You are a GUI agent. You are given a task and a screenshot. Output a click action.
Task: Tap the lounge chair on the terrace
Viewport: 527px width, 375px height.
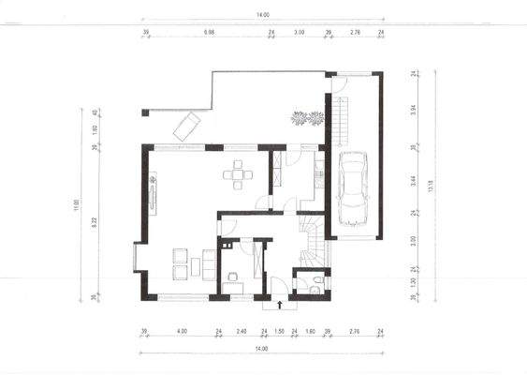185,125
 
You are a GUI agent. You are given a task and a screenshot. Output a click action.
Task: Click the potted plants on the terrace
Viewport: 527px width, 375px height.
308,118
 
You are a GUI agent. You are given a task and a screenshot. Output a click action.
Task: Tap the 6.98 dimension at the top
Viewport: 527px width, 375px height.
210,32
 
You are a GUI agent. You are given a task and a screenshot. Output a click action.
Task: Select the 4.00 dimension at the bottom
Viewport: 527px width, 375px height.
182,331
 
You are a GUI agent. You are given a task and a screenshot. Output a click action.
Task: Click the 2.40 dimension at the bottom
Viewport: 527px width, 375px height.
241,331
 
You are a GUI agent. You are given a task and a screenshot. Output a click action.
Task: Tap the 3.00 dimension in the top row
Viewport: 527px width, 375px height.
300,32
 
